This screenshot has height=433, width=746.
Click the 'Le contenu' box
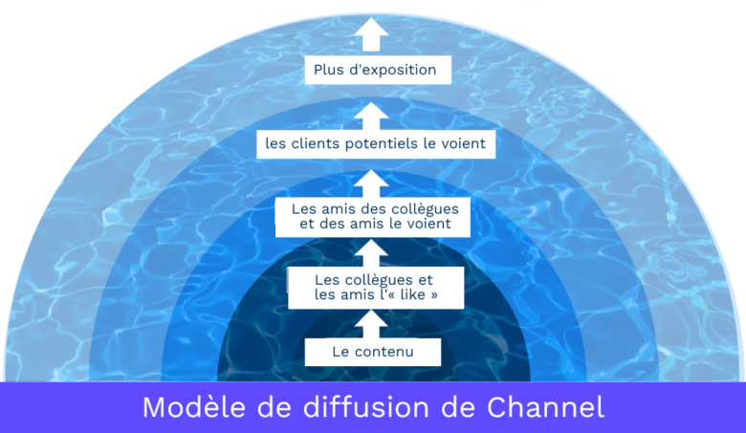(x=373, y=352)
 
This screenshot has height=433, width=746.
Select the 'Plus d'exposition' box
(x=375, y=70)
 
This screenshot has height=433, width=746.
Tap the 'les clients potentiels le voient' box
(x=376, y=145)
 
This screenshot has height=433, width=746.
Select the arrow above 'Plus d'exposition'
(x=374, y=34)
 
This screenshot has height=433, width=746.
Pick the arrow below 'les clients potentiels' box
(x=374, y=182)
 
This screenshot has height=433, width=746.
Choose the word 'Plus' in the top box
(x=329, y=70)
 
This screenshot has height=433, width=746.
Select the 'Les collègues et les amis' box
(x=375, y=288)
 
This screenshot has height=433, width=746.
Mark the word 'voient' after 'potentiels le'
(x=464, y=145)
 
